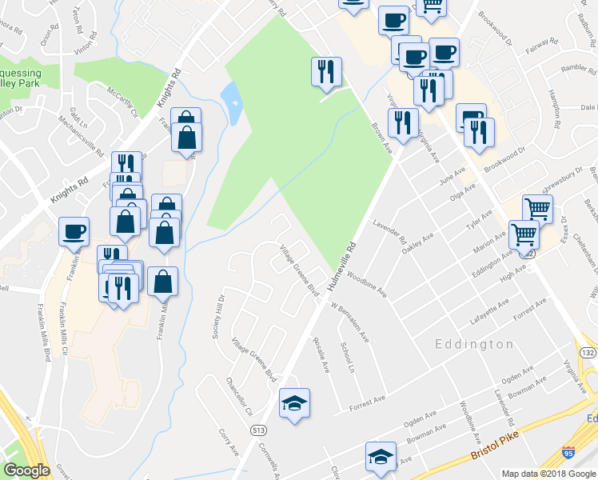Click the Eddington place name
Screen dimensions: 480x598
(x=474, y=344)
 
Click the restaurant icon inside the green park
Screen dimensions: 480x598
(x=326, y=73)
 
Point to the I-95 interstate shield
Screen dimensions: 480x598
(x=568, y=454)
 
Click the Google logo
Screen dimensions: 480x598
(x=26, y=470)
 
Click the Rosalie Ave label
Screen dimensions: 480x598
(x=321, y=355)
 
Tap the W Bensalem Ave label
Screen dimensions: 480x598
(x=351, y=322)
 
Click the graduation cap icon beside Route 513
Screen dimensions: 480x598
(x=294, y=403)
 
